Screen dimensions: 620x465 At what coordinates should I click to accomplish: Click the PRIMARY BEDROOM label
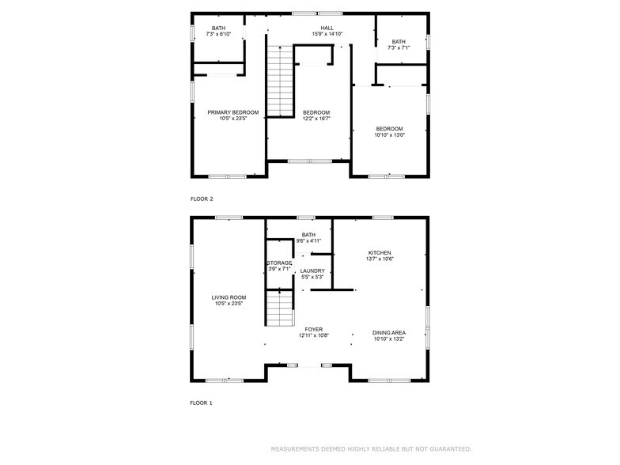click(232, 112)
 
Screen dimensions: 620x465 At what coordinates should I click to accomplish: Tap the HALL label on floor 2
click(327, 28)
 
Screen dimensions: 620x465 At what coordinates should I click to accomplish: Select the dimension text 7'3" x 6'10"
click(218, 35)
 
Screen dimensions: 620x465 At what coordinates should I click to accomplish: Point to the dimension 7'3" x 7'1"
click(399, 47)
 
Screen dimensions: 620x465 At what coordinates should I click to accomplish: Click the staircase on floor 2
click(280, 81)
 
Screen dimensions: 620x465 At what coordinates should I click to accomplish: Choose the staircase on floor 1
click(280, 308)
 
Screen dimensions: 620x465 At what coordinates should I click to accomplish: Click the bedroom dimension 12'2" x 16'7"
click(316, 119)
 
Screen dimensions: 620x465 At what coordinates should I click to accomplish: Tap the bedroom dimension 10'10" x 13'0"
click(389, 135)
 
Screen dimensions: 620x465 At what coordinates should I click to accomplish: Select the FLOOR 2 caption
click(202, 199)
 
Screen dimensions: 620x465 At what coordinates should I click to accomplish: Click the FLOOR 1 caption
click(201, 403)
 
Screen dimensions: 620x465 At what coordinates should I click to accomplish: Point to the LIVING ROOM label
click(229, 297)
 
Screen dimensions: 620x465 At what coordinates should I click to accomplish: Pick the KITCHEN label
click(380, 253)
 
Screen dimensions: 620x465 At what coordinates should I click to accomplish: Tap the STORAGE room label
click(279, 263)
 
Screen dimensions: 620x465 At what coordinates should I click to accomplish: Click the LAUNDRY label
click(312, 270)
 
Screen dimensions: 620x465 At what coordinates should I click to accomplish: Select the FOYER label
click(313, 329)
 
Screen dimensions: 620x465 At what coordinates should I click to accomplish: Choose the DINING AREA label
click(389, 333)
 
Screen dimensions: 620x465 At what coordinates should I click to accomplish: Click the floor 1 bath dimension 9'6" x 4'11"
click(308, 240)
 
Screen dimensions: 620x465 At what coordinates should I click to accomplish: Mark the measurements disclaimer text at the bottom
click(372, 449)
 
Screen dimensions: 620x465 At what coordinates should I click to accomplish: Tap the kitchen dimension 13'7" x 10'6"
click(380, 259)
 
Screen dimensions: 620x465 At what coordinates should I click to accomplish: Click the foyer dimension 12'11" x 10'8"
click(314, 335)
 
